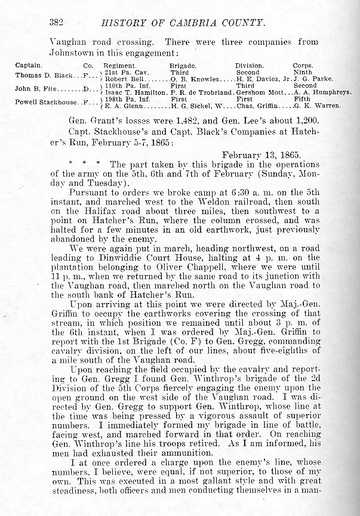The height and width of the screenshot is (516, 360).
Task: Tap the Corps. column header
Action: [x=303, y=65]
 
